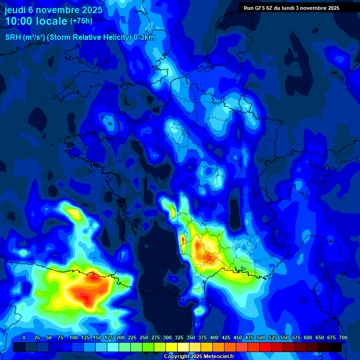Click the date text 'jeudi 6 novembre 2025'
pyautogui.click(x=53, y=10)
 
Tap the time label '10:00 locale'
pyautogui.click(x=36, y=21)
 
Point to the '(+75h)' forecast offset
pyautogui.click(x=81, y=21)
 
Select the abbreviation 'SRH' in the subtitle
pyautogui.click(x=13, y=37)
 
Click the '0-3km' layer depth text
pyautogui.click(x=144, y=37)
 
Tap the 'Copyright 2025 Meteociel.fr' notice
pyautogui.click(x=199, y=357)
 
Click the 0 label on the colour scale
pyautogui.click(x=24, y=338)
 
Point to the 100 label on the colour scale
pyautogui.click(x=74, y=338)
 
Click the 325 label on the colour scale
pyautogui.click(x=179, y=338)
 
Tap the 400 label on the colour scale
pyautogui.click(x=214, y=338)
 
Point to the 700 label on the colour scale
pyautogui.click(x=343, y=338)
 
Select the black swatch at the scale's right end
pyautogui.click(x=336, y=347)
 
